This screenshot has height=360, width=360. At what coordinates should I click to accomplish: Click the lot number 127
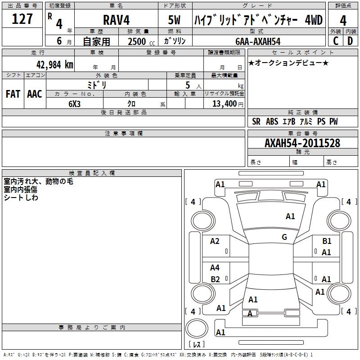[x=22, y=19]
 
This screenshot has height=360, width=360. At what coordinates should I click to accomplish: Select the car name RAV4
[x=116, y=20]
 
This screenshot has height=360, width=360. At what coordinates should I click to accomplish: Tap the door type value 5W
[x=174, y=20]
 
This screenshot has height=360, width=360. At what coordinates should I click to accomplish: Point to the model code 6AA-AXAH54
[x=258, y=41]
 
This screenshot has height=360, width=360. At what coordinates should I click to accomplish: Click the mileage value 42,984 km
[x=54, y=65]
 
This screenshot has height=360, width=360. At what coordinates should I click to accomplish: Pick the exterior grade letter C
[x=336, y=41]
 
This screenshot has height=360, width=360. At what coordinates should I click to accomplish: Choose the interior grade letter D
[x=350, y=41]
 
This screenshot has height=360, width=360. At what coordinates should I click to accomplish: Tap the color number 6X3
[x=74, y=104]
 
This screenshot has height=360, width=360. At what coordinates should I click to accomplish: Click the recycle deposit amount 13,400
[x=224, y=104]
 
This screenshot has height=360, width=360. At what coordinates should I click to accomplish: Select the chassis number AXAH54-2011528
[x=302, y=143]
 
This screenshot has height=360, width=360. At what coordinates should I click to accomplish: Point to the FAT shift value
[x=13, y=94]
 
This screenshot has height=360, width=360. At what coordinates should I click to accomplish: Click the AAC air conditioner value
[x=35, y=94]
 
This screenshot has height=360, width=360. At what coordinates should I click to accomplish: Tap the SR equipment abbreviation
[x=256, y=121]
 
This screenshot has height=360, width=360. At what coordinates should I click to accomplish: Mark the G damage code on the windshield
[x=284, y=237]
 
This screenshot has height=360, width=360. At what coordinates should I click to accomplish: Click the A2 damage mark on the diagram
[x=215, y=241]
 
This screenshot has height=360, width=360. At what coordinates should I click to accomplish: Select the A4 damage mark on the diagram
[x=215, y=267]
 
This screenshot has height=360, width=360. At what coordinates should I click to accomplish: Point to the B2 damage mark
[x=215, y=279]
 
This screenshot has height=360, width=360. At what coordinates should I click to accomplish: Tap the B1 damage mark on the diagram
[x=327, y=241]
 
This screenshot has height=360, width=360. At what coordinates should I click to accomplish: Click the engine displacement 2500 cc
[x=141, y=41]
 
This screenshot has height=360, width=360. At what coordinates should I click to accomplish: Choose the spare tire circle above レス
[x=197, y=328]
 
